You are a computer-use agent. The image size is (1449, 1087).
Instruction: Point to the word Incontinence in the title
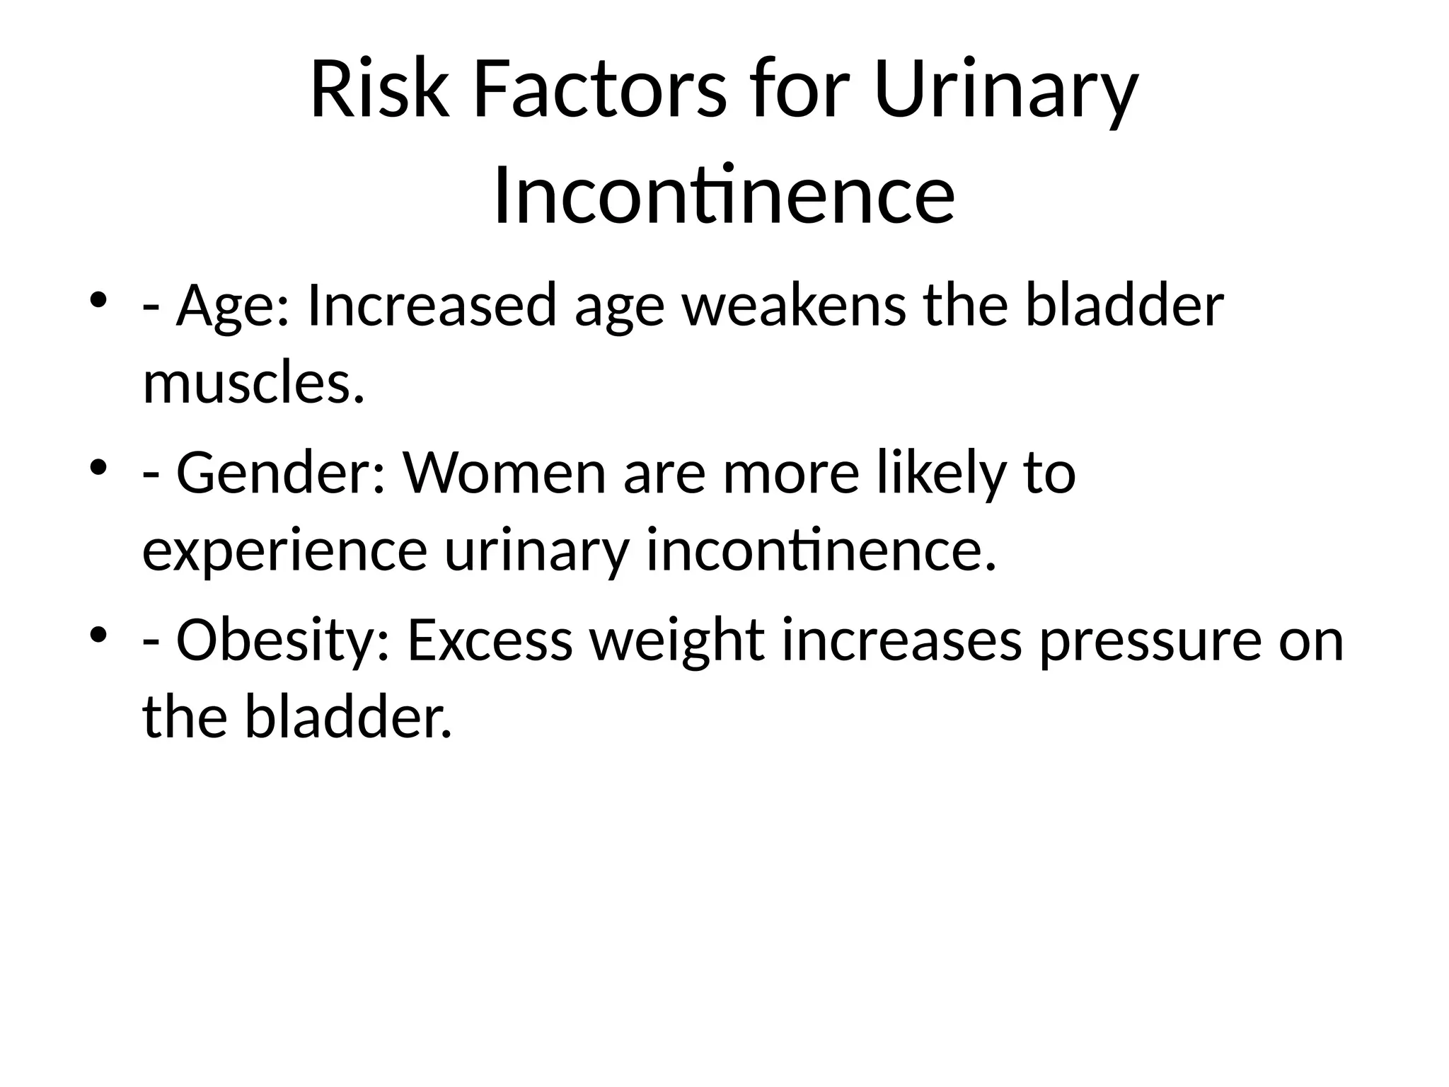[724, 195]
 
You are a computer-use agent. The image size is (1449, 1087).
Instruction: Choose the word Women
[504, 473]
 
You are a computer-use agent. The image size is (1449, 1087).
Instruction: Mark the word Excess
[490, 640]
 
